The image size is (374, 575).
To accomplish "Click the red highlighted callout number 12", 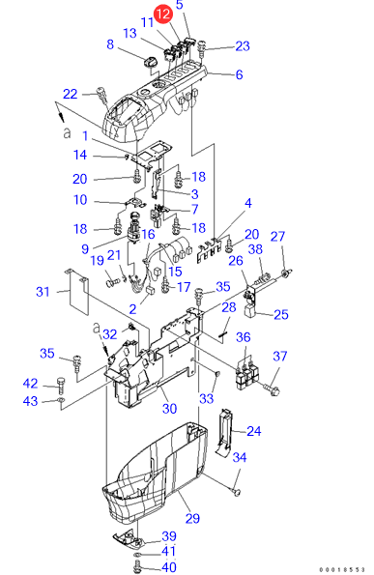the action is click(x=162, y=14).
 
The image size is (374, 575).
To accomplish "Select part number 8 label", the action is click(x=110, y=44).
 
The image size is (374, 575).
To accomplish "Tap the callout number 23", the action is click(x=243, y=46).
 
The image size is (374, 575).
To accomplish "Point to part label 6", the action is click(x=239, y=74).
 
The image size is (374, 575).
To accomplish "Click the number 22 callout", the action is click(x=70, y=94).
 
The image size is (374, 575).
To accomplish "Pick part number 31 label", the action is click(x=43, y=292).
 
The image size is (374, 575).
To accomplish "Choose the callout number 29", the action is click(x=192, y=519).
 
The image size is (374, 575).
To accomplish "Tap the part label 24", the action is click(x=254, y=431).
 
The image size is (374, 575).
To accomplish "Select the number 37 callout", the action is click(x=279, y=356).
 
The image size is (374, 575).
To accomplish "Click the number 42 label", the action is click(x=30, y=384).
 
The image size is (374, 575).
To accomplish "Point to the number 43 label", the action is click(x=30, y=401).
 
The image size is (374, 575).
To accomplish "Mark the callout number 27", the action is click(x=277, y=237).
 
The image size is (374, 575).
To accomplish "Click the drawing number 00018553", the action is click(x=342, y=569).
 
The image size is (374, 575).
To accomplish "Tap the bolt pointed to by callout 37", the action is click(x=272, y=389).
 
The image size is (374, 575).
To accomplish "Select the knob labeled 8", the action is click(x=149, y=63).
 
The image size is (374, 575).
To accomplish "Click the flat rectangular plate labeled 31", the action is click(x=78, y=292).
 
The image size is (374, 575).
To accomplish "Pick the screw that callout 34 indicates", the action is click(x=236, y=491).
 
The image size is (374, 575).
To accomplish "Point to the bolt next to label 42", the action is click(x=61, y=384).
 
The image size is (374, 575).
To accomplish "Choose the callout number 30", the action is click(x=169, y=409).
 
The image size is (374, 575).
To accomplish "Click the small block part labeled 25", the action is click(x=250, y=311).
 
